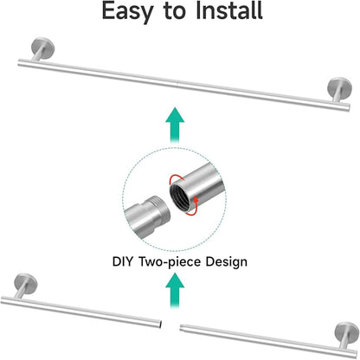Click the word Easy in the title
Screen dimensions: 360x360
click(127, 11)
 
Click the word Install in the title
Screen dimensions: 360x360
click(229, 10)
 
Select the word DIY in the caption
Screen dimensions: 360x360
click(123, 262)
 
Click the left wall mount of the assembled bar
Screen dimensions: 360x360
click(42, 48)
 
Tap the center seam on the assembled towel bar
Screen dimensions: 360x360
click(177, 84)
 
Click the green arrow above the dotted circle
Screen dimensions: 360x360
click(175, 125)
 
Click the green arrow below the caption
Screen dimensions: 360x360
click(175, 291)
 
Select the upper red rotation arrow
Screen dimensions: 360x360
click(176, 179)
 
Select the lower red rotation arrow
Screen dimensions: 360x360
click(193, 206)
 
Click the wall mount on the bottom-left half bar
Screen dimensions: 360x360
click(25, 285)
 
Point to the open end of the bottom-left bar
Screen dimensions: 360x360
click(159, 324)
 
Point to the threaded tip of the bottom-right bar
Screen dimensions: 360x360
click(183, 327)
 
